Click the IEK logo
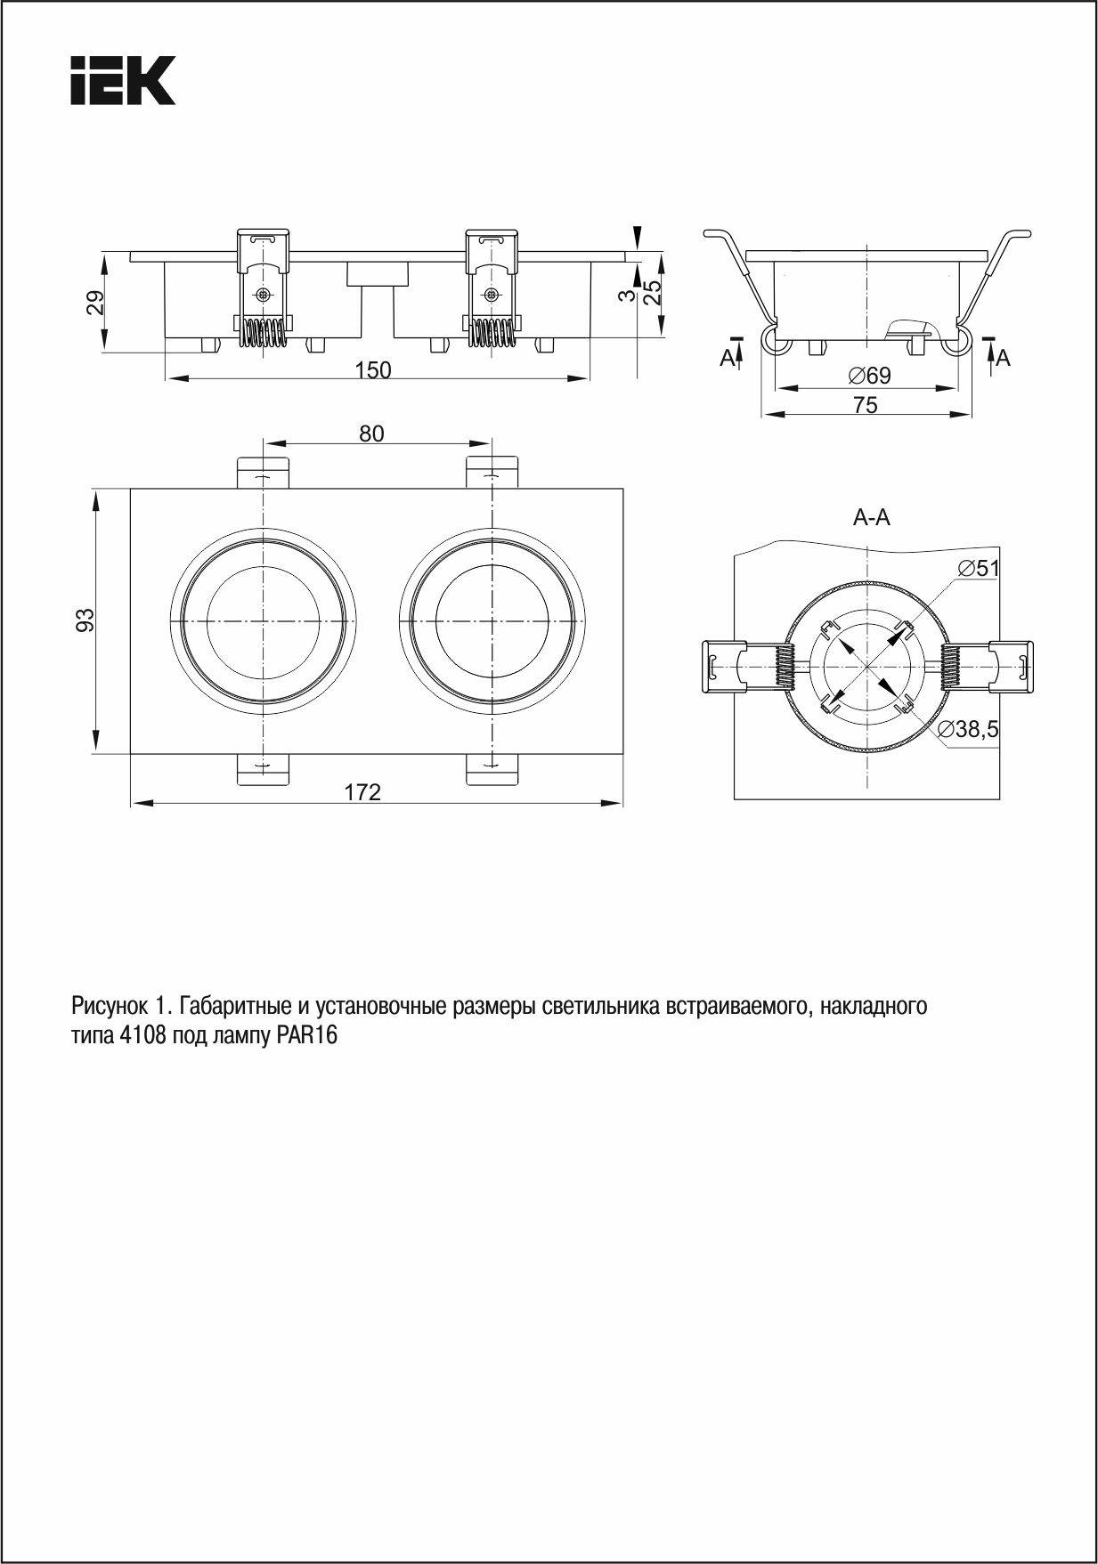pyautogui.click(x=123, y=80)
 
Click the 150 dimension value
pyautogui.click(x=373, y=369)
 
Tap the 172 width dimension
pyautogui.click(x=362, y=791)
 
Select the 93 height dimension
pyautogui.click(x=85, y=620)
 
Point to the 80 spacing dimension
pyautogui.click(x=371, y=434)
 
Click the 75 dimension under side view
pyautogui.click(x=865, y=405)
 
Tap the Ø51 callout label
pyautogui.click(x=979, y=568)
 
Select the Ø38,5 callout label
pyautogui.click(x=968, y=730)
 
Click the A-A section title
pyautogui.click(x=871, y=517)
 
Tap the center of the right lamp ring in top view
pyautogui.click(x=492, y=621)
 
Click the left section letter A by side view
pyautogui.click(x=727, y=358)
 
